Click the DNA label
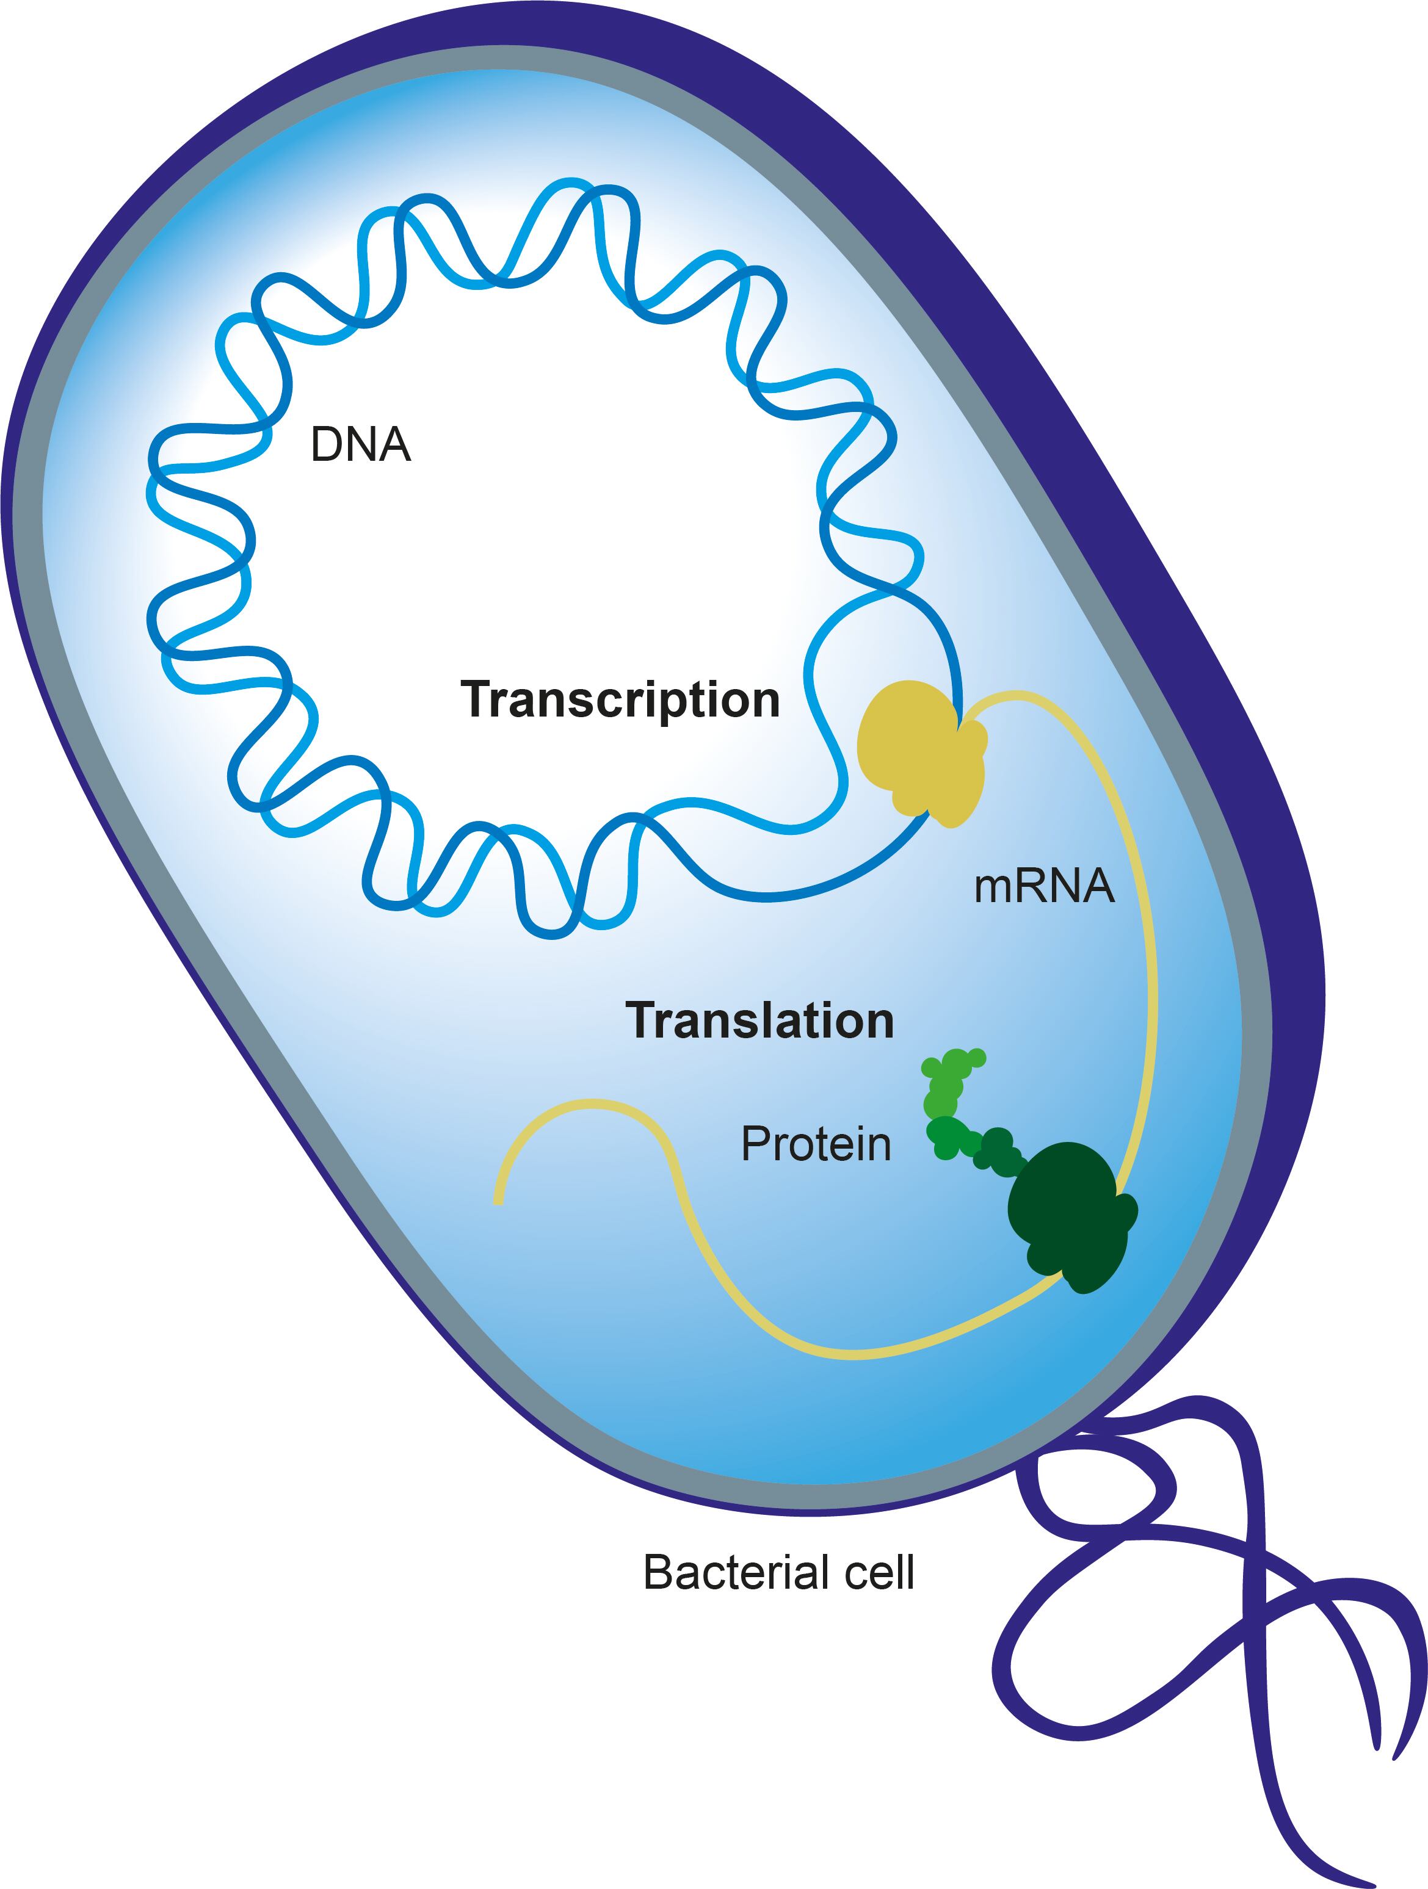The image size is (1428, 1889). pyautogui.click(x=360, y=445)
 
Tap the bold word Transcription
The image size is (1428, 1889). pyautogui.click(x=620, y=700)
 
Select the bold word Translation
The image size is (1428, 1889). pyautogui.click(x=759, y=1020)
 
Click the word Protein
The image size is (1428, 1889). pyautogui.click(x=816, y=1144)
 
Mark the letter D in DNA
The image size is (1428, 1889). pyautogui.click(x=325, y=445)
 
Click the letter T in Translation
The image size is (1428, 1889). pyautogui.click(x=642, y=1020)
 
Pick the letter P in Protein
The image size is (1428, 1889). pyautogui.click(x=754, y=1144)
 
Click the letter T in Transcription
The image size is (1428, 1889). pyautogui.click(x=477, y=699)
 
